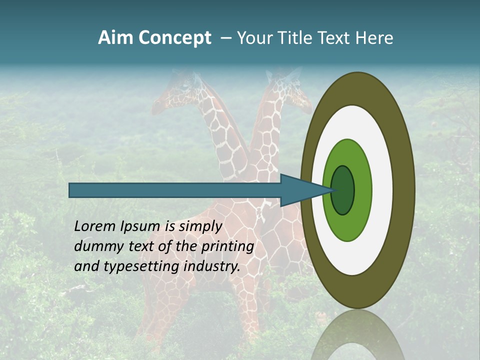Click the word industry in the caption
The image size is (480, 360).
pos(212,266)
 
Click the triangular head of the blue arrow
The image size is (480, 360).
pos(300,190)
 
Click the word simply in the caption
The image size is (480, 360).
pos(200,226)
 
